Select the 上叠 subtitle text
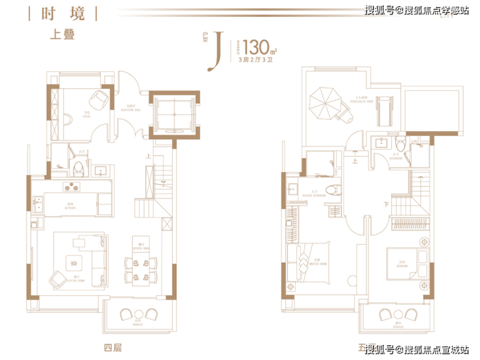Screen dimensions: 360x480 pyautogui.click(x=63, y=35)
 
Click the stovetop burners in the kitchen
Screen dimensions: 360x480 pyautogui.click(x=71, y=187)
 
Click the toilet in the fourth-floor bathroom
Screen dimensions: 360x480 pyautogui.click(x=78, y=168)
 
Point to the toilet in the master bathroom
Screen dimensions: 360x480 pyautogui.click(x=333, y=190)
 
